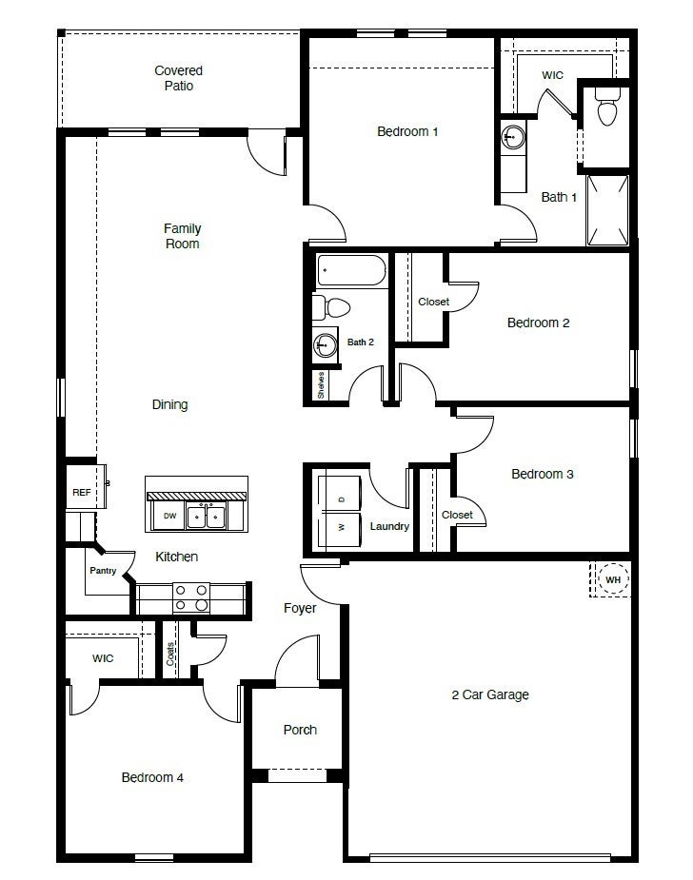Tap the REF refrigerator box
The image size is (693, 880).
pos(80,492)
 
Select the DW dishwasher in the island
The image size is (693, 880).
pos(169,517)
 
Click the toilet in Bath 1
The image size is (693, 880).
pos(607,109)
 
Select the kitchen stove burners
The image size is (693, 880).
pos(189,598)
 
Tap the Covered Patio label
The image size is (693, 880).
pos(179,78)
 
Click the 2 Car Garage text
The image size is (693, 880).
pos(489,694)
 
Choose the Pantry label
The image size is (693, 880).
pos(103,571)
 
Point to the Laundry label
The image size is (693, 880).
pos(389,526)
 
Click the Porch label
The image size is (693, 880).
pos(300,730)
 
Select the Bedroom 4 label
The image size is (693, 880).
pos(152,777)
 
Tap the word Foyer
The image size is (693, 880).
pos(300,608)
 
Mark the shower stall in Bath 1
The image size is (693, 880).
pos(607,209)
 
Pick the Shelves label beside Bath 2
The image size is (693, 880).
pos(322,384)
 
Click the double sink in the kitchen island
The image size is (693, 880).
pos(206,517)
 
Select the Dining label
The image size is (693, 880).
pos(170,404)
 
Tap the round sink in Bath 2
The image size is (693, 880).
pos(327,344)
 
